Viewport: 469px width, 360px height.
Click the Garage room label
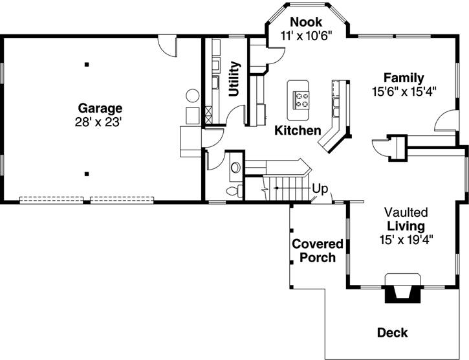point(100,108)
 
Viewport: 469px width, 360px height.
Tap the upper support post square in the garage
point(86,64)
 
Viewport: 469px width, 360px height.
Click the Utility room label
point(235,79)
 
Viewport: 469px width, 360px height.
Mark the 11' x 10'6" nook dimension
point(306,36)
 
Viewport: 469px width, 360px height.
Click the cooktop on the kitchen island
point(302,99)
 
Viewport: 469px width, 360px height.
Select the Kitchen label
point(298,130)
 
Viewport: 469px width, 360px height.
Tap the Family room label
point(403,78)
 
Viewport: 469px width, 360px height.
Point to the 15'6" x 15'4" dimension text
point(404,91)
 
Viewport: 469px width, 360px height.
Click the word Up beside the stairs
point(320,189)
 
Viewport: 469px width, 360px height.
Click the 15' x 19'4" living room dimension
point(406,240)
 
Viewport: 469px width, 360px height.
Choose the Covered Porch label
point(317,251)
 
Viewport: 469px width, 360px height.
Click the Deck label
point(392,333)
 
